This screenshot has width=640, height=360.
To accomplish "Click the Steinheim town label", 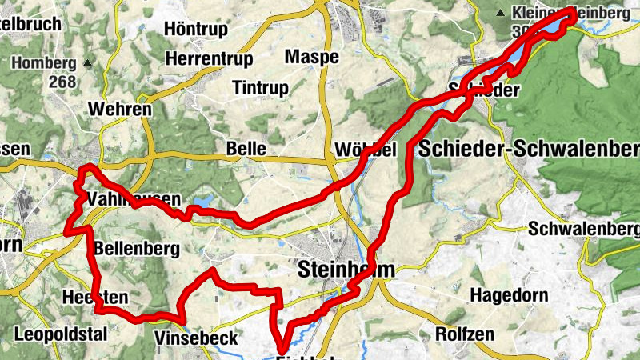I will pos(346,270).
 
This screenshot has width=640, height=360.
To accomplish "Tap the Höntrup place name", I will pos(196,29).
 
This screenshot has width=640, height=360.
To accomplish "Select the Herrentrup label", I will pos(209,59).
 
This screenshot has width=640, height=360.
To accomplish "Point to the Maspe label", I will pos(312,57).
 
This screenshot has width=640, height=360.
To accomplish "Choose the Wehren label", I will pos(122,109).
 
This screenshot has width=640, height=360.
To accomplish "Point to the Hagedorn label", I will pos(508,296).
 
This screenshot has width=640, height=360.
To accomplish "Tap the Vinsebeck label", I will pos(197,338).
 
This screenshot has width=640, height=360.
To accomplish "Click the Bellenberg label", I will pos(136,249).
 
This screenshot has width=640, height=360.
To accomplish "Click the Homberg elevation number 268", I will pos(62,82).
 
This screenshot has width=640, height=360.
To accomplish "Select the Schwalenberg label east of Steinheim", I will pos(583,229).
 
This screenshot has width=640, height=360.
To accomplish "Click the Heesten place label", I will pos(94,297).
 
